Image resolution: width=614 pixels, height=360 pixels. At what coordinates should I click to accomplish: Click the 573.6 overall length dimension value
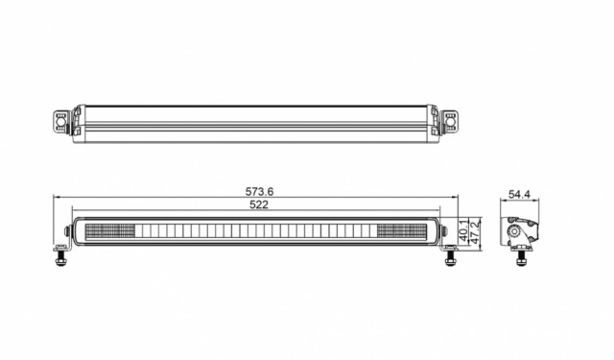pyautogui.click(x=259, y=192)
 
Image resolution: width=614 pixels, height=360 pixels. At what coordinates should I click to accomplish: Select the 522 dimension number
pyautogui.click(x=259, y=204)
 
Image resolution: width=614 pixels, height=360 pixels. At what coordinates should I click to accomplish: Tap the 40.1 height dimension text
pyautogui.click(x=463, y=230)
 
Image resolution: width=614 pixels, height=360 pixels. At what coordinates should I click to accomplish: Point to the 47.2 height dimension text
pyautogui.click(x=475, y=233)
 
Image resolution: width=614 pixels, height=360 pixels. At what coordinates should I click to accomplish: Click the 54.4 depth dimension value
pyautogui.click(x=519, y=194)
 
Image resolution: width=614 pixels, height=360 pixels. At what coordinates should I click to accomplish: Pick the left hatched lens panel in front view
pyautogui.click(x=110, y=231)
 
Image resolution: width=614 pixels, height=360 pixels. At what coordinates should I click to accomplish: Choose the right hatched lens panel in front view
pyautogui.click(x=402, y=231)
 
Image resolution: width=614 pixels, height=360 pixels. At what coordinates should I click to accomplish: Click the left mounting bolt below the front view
pyautogui.click(x=60, y=258)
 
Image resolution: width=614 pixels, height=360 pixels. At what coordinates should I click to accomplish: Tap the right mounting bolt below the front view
pyautogui.click(x=451, y=258)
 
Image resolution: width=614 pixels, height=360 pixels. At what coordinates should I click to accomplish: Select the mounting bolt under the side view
pyautogui.click(x=521, y=258)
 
